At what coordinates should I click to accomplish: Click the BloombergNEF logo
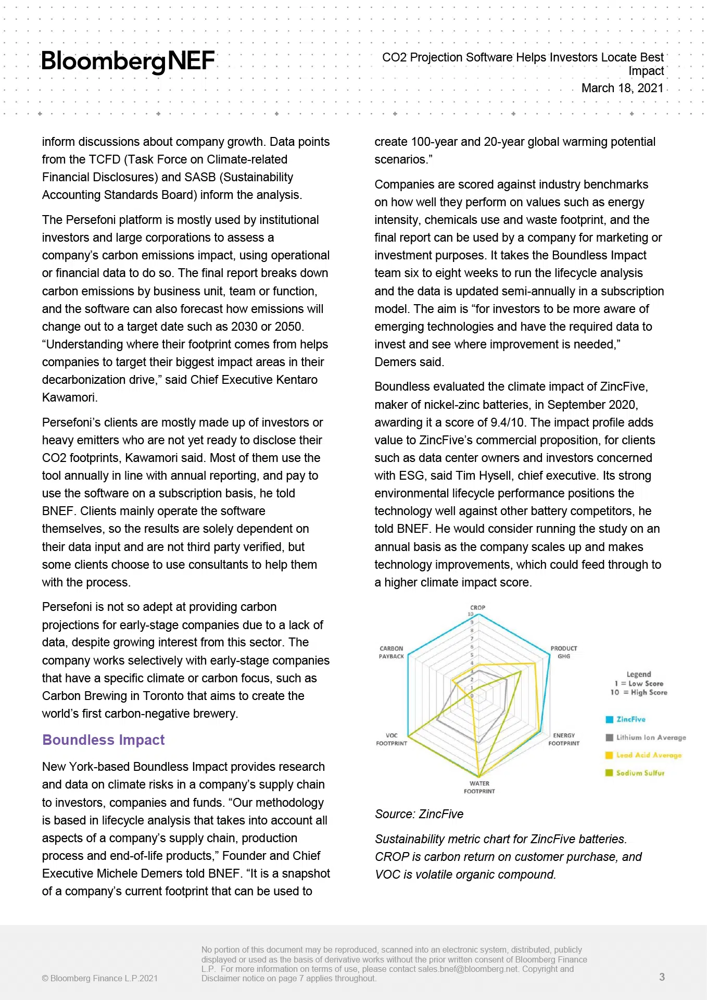[128, 61]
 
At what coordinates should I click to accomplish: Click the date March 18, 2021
[622, 88]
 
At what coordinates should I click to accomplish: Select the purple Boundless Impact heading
[103, 740]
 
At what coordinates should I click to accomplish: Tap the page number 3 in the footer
[662, 977]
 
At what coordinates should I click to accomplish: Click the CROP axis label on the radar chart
[477, 607]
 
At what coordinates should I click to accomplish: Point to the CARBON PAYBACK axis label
[391, 653]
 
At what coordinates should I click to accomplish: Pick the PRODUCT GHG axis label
[564, 653]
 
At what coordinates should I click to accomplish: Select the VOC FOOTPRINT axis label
[392, 740]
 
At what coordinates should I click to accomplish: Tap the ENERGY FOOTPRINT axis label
[564, 740]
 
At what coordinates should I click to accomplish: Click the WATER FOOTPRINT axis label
[479, 787]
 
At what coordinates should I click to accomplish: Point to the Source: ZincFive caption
[419, 814]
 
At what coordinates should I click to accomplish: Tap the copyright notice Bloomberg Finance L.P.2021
[100, 978]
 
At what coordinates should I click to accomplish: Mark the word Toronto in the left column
[163, 696]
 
